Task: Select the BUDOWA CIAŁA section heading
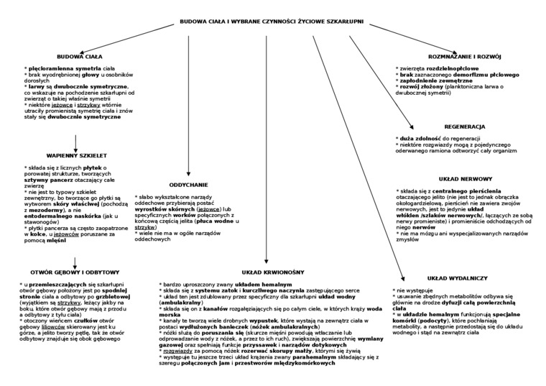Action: coord(80,55)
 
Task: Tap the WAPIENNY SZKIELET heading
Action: coord(77,155)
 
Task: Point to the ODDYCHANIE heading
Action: coord(188,184)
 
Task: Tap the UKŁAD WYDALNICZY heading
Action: coord(458,277)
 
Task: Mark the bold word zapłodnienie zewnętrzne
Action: coord(434,81)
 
